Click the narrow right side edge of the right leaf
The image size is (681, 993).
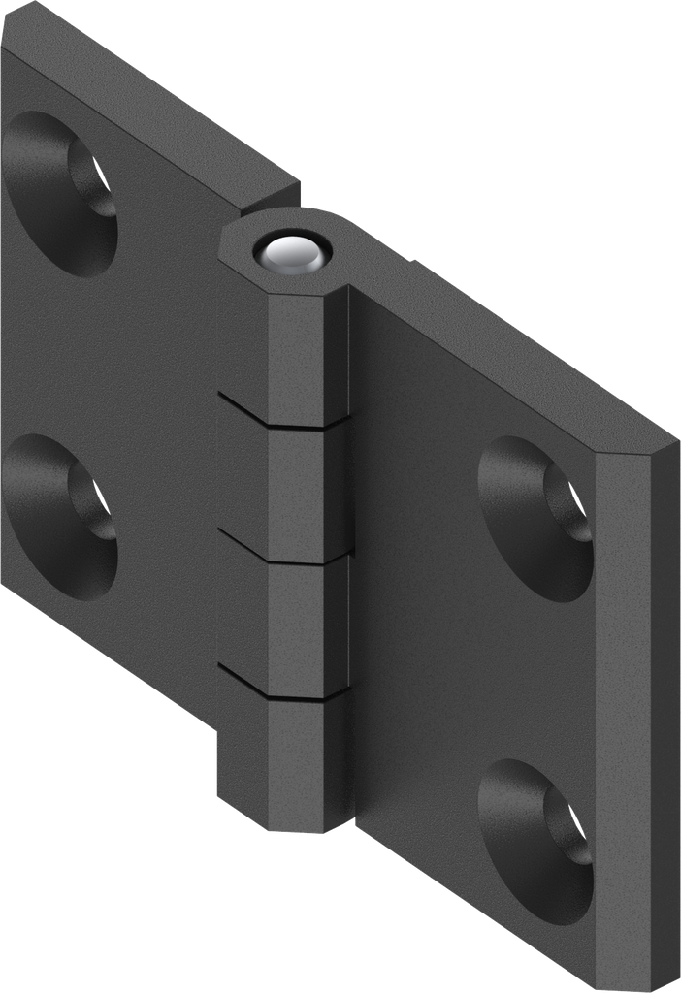point(635,718)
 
